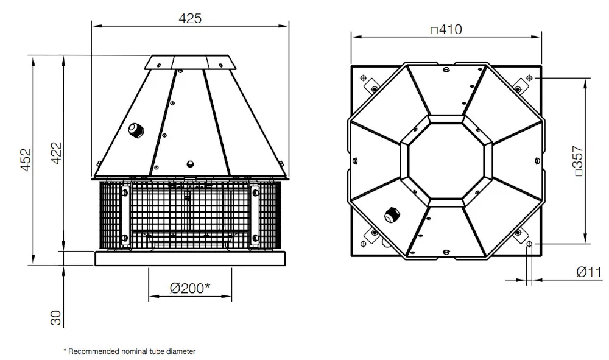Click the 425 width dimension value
190,18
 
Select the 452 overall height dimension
26,160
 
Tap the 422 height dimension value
57,153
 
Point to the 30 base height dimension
56,318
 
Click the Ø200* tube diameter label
190,288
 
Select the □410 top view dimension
446,29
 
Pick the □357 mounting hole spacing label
579,161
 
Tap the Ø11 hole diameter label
589,272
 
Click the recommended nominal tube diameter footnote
130,351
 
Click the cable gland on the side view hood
136,130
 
